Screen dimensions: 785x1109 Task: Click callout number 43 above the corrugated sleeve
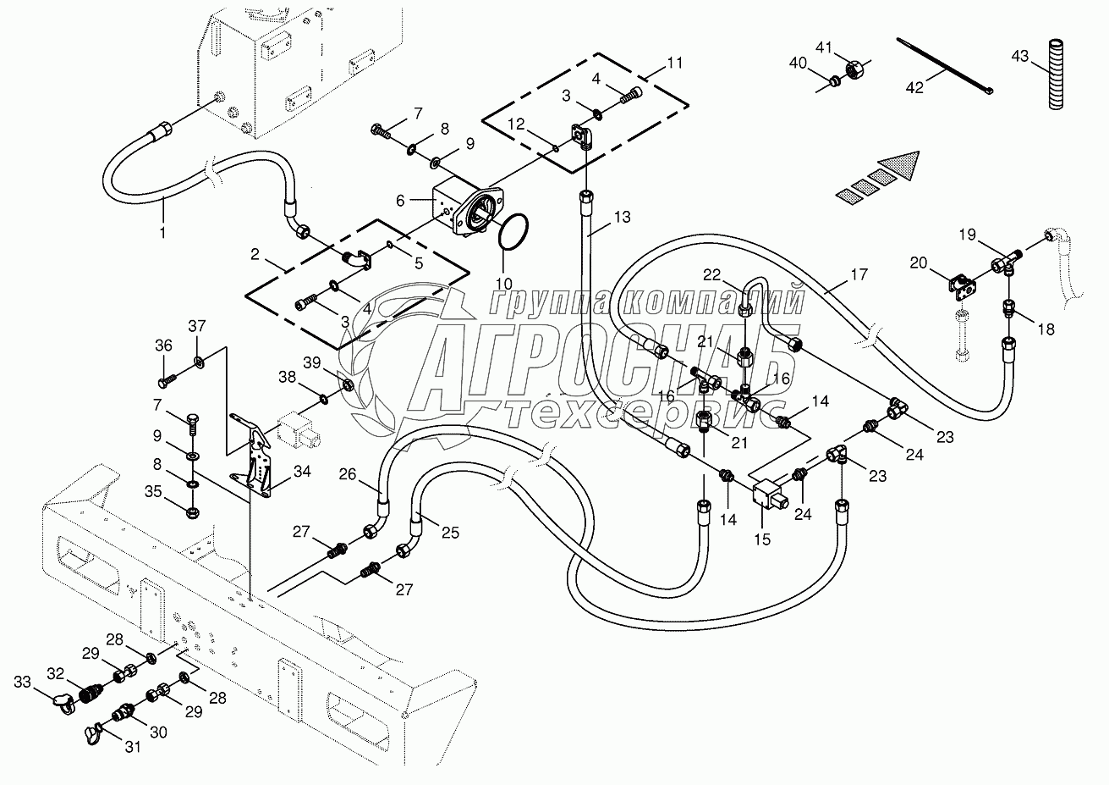pyautogui.click(x=1020, y=56)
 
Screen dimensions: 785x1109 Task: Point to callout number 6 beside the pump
pyautogui.click(x=401, y=200)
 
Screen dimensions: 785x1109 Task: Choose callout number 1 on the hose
pyautogui.click(x=163, y=229)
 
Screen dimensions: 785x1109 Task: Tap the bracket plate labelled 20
pyautogui.click(x=961, y=285)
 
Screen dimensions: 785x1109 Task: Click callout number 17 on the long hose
pyautogui.click(x=859, y=274)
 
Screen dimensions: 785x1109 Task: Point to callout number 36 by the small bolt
pyautogui.click(x=162, y=345)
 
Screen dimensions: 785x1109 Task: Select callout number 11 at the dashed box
pyautogui.click(x=674, y=63)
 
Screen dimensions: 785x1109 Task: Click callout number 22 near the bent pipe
pyautogui.click(x=713, y=274)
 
